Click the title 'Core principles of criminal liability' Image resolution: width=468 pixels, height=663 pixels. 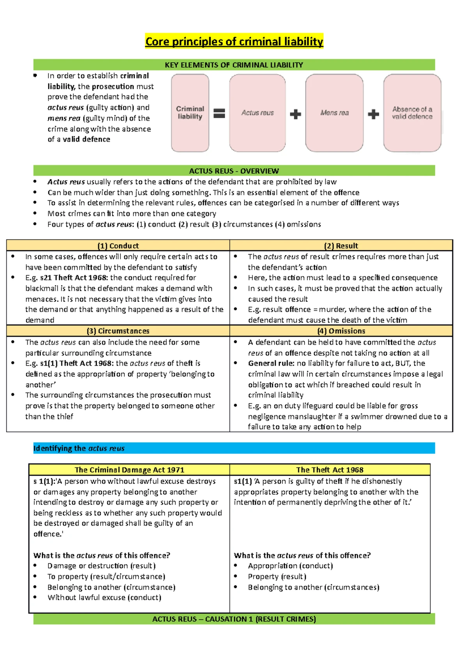[x=234, y=41]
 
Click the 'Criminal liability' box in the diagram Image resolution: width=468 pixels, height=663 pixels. [x=190, y=112]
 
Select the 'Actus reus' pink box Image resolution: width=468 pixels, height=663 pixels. [x=257, y=112]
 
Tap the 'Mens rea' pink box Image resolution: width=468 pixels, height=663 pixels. [x=334, y=112]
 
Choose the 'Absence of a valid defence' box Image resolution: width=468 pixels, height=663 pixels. [x=412, y=112]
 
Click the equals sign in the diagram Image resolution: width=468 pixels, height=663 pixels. [x=219, y=113]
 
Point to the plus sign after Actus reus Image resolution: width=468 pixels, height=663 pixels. [x=295, y=114]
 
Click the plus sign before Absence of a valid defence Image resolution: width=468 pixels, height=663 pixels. [x=373, y=114]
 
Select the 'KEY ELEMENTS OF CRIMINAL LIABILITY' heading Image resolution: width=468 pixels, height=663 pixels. [x=234, y=65]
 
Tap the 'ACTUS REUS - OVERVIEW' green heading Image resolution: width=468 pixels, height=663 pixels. [x=234, y=171]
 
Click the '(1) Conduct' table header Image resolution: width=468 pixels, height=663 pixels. [x=118, y=246]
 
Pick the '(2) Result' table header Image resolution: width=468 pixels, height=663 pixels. [x=341, y=246]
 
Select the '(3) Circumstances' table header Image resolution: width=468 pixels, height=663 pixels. [x=118, y=331]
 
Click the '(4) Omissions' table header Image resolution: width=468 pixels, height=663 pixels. [x=341, y=331]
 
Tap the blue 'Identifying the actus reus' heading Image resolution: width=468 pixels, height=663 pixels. [x=79, y=448]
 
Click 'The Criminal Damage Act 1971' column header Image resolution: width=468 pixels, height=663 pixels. [x=129, y=470]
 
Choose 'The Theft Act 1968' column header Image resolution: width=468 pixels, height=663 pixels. [x=330, y=470]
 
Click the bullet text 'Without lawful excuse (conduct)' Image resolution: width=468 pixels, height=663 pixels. [x=104, y=597]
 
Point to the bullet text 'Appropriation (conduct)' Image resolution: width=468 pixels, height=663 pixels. [x=290, y=566]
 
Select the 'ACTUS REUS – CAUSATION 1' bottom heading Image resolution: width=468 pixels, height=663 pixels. [x=234, y=619]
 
